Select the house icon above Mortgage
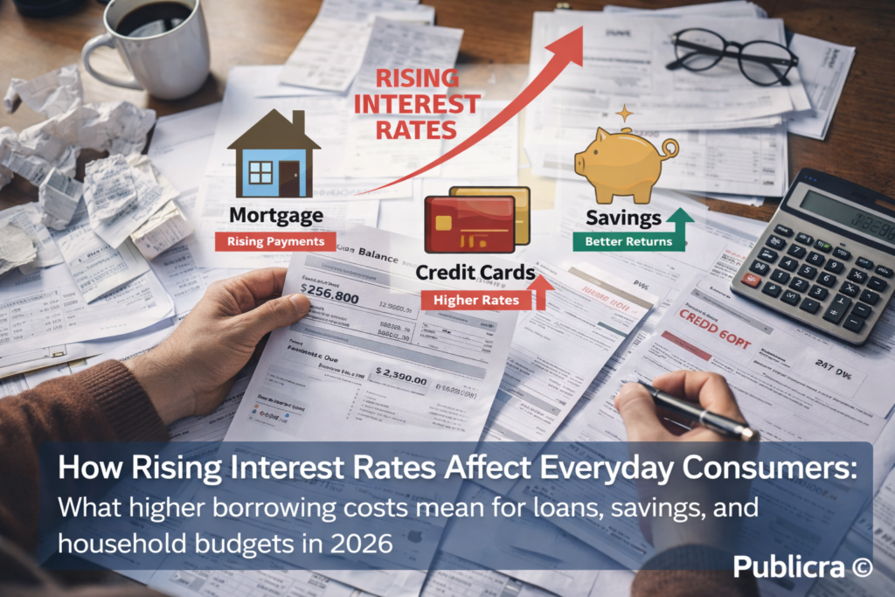coord(273,157)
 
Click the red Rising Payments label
coord(275,241)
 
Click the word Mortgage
coord(275,215)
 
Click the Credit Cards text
coord(475,273)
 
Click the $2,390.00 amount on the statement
coord(400,380)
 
